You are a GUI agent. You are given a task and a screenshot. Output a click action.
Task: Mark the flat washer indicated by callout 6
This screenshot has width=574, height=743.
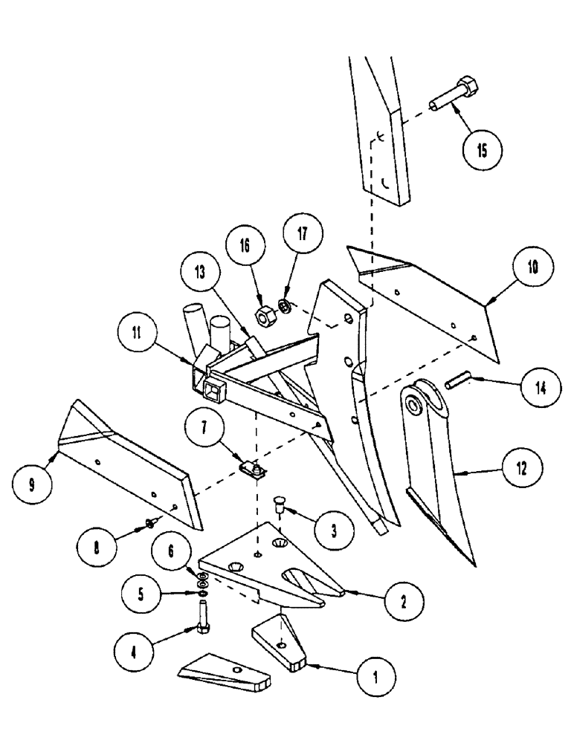pos(202,576)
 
